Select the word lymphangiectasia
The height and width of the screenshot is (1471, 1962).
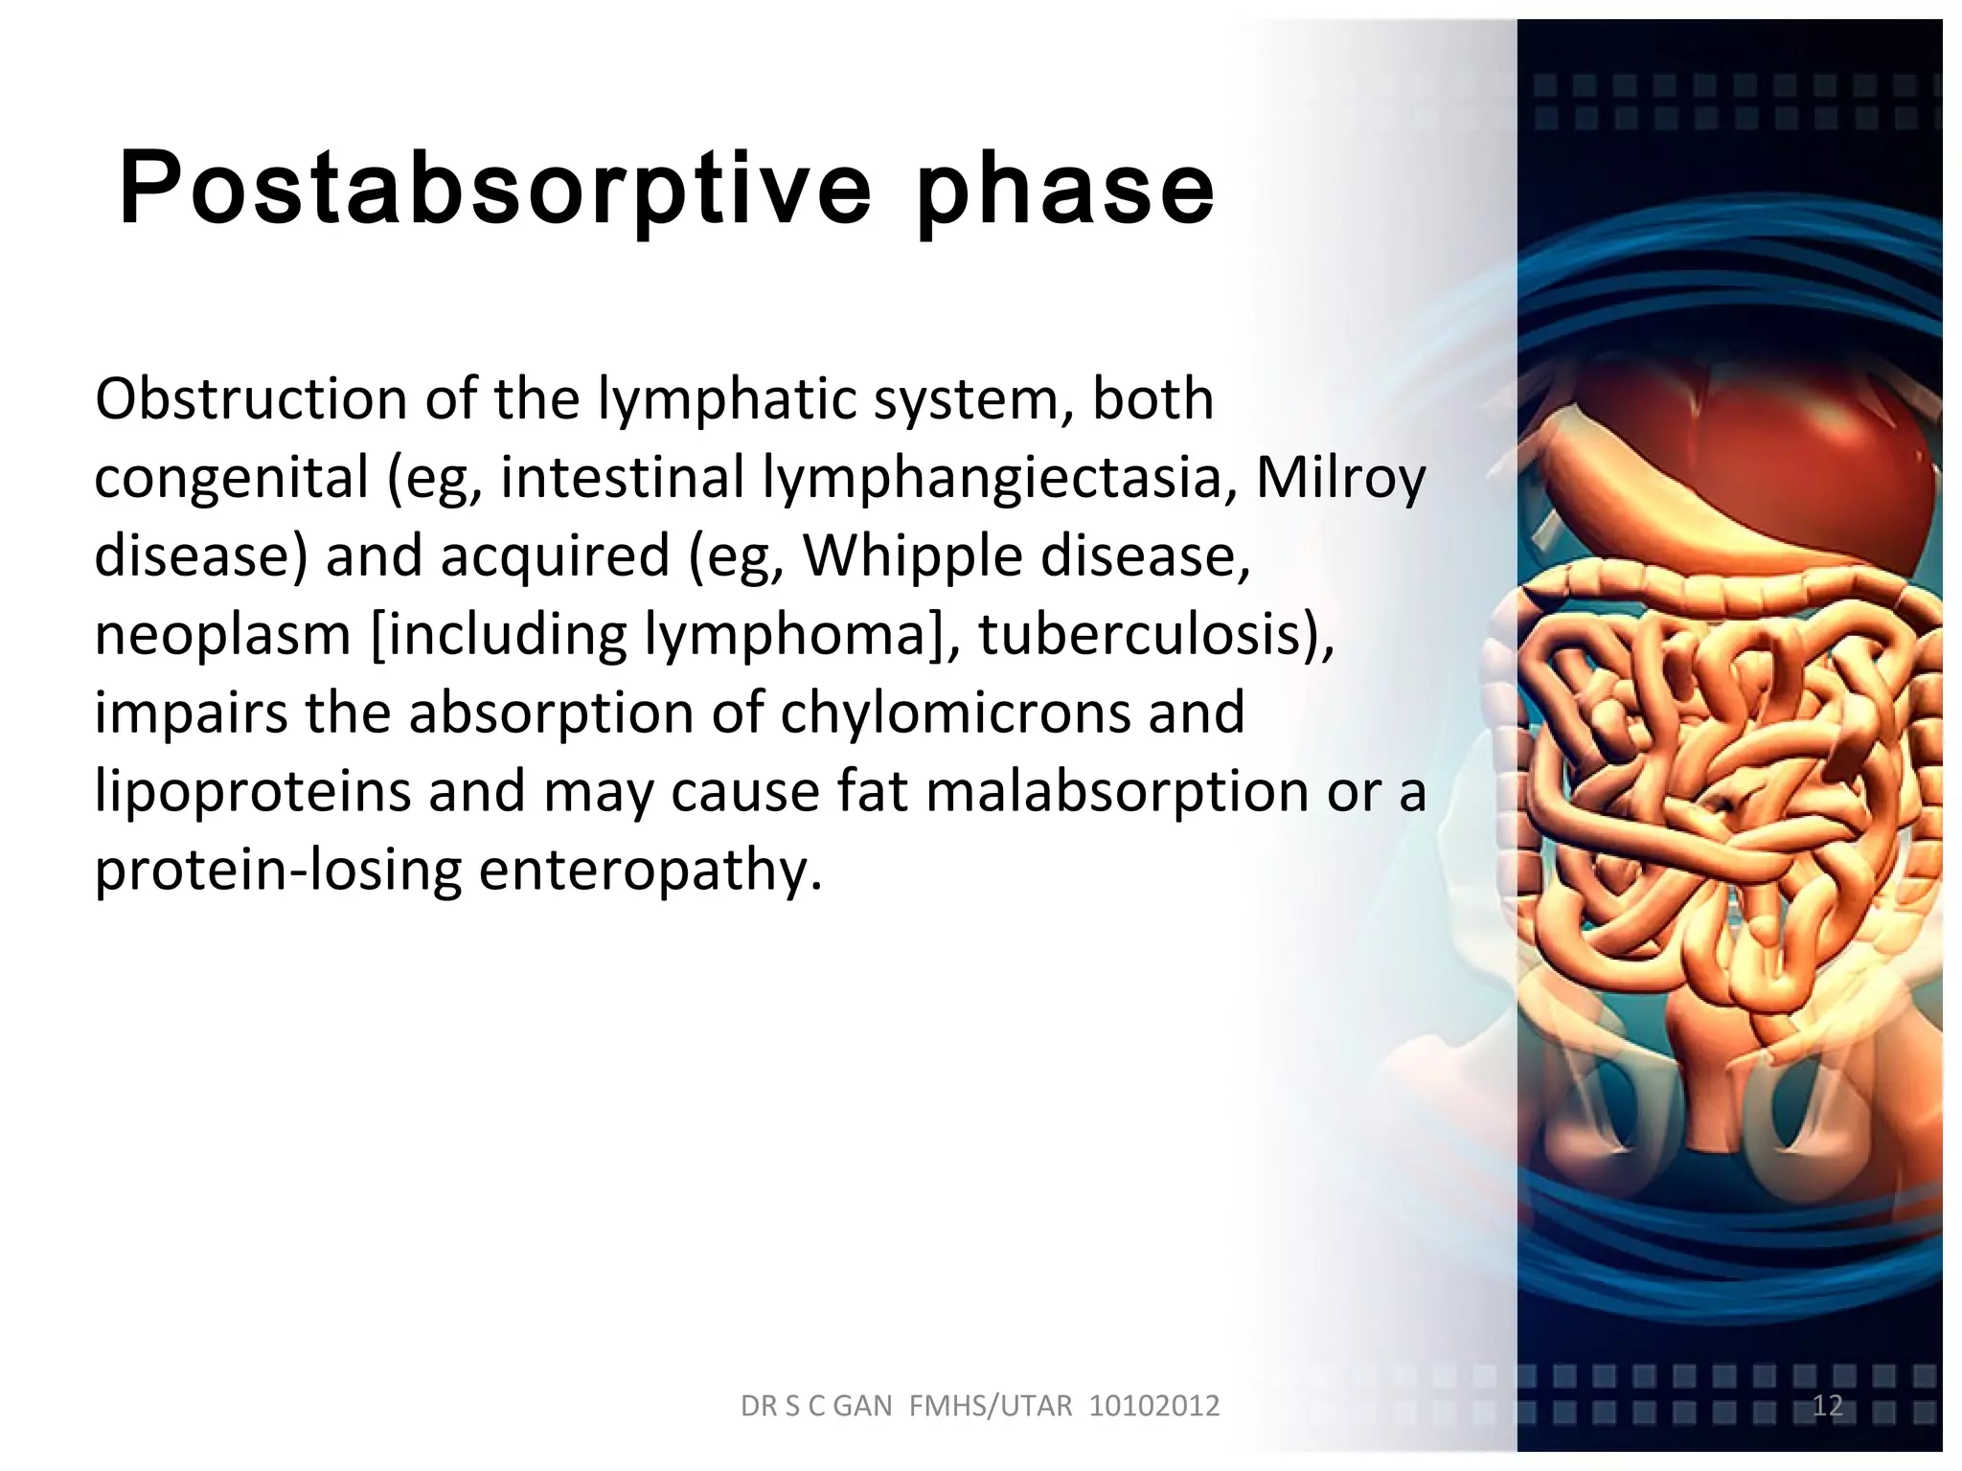[1000, 477]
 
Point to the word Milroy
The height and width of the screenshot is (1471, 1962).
[1340, 477]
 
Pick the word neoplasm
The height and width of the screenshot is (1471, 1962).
[222, 634]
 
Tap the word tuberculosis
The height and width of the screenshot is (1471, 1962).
[1146, 634]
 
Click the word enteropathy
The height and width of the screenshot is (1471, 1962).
[650, 870]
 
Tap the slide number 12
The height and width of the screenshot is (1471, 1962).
[1828, 1405]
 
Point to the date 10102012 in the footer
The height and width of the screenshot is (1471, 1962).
[1154, 1406]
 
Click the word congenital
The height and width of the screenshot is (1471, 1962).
[231, 477]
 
